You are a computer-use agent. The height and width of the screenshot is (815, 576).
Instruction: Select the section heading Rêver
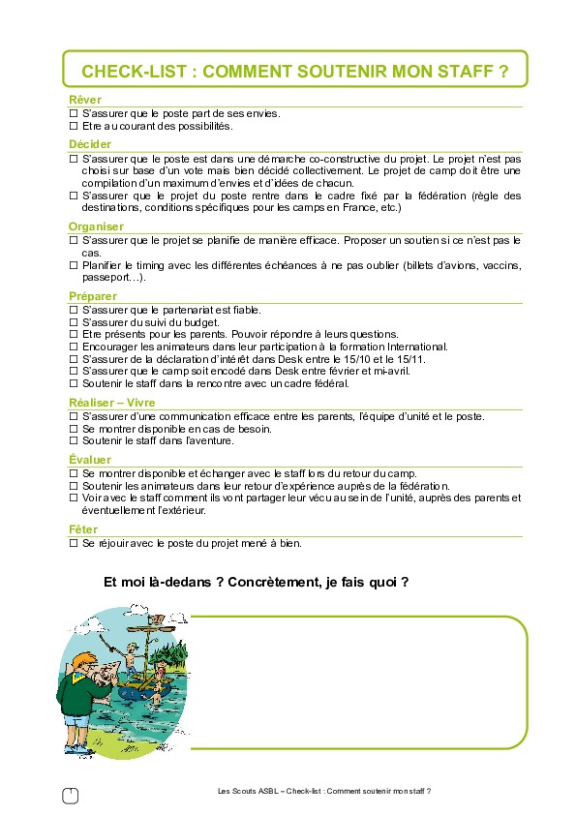[84, 100]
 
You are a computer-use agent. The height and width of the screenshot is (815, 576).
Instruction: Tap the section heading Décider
[90, 144]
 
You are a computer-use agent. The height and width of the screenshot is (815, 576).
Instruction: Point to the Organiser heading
[97, 226]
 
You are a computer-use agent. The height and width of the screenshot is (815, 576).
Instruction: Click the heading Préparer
[93, 296]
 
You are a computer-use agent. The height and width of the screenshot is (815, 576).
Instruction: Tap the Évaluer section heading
[90, 459]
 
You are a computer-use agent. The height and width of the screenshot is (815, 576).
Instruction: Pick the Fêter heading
[84, 529]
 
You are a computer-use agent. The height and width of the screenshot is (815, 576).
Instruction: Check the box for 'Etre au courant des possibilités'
[73, 127]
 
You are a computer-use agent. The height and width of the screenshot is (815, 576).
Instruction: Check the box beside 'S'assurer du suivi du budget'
[73, 321]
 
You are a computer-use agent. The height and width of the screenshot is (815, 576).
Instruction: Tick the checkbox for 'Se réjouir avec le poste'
[73, 543]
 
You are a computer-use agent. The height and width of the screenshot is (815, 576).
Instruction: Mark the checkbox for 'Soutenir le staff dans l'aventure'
[73, 441]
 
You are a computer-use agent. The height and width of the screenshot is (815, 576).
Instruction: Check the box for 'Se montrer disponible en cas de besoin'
[73, 429]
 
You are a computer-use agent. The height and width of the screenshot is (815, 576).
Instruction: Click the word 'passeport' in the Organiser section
[106, 278]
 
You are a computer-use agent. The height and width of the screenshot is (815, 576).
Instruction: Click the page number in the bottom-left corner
[69, 795]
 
